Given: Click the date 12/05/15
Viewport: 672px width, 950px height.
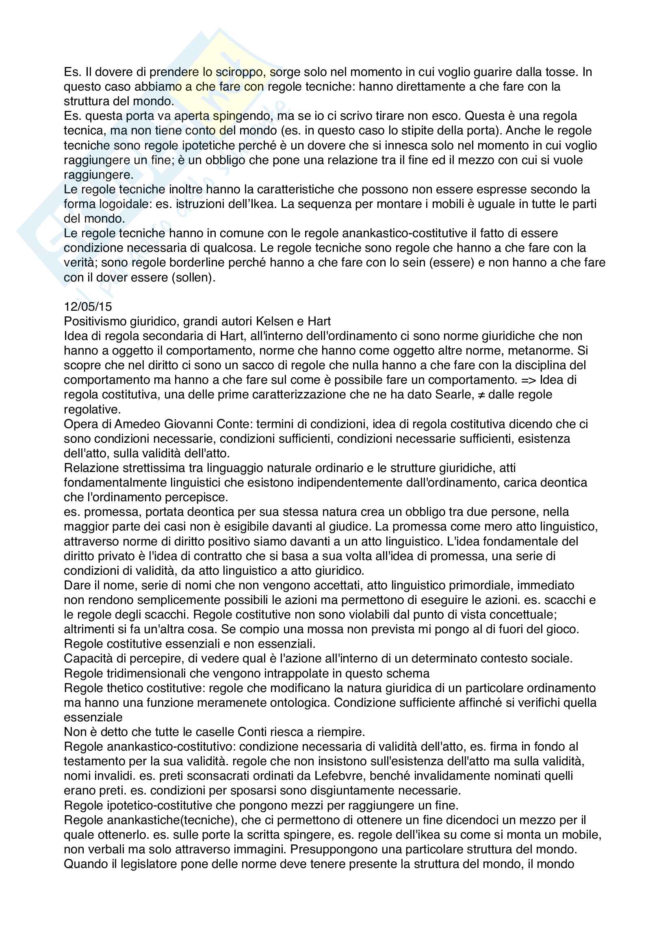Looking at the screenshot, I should [x=88, y=307].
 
